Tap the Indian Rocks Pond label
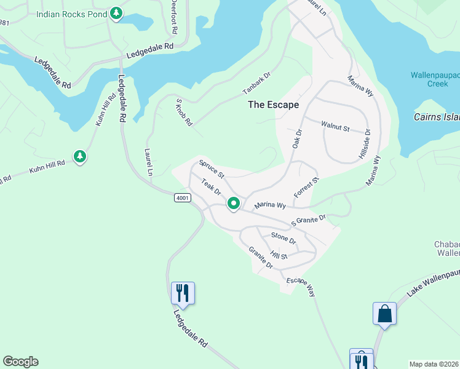(x=71, y=14)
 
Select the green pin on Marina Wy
(x=234, y=203)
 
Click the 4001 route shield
(x=182, y=197)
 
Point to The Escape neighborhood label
(x=273, y=105)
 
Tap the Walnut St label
(x=335, y=127)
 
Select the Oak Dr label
(x=298, y=138)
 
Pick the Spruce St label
(x=212, y=170)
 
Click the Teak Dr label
(x=211, y=189)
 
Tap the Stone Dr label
(x=284, y=237)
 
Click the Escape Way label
(x=300, y=287)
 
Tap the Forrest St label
(x=307, y=188)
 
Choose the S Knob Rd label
(x=184, y=113)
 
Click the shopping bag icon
(x=384, y=314)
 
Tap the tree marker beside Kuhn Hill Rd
(x=79, y=157)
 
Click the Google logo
(x=20, y=362)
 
